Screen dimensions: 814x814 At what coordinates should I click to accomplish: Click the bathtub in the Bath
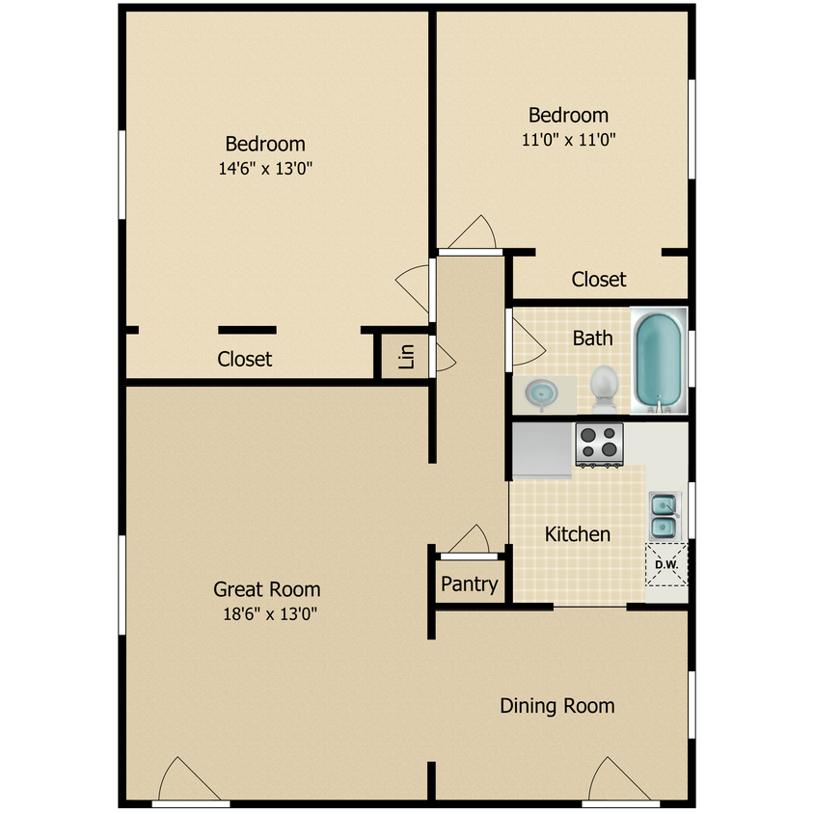tap(659, 361)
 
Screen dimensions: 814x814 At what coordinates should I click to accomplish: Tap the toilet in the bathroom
tap(605, 388)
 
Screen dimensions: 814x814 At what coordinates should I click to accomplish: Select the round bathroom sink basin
tap(541, 393)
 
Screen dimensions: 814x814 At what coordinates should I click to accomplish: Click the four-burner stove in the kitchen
tap(600, 445)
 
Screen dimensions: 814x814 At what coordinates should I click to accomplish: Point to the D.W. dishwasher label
tap(666, 565)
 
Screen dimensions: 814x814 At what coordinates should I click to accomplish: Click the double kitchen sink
tap(665, 516)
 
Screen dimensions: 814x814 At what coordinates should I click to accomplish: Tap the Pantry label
tap(470, 584)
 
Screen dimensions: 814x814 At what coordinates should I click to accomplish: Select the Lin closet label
tap(406, 357)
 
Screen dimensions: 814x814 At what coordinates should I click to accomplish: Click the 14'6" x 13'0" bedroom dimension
tap(265, 169)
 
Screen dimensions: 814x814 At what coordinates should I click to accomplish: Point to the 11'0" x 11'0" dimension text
tap(568, 140)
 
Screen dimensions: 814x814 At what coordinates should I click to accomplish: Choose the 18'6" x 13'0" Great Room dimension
tap(269, 614)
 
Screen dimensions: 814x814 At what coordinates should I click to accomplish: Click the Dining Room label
tap(557, 706)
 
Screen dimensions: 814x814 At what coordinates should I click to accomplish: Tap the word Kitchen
tap(578, 534)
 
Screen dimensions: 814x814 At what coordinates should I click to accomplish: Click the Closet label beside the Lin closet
tap(245, 359)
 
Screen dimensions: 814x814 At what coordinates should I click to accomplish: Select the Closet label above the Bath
tap(599, 280)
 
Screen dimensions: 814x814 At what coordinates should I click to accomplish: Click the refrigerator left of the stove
tap(542, 450)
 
